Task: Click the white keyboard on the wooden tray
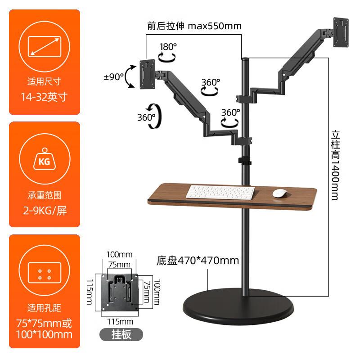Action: [x=220, y=193]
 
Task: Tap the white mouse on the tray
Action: [x=280, y=193]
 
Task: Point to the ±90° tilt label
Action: [x=113, y=77]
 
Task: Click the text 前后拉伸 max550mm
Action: [x=194, y=26]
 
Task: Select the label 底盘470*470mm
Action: [x=198, y=260]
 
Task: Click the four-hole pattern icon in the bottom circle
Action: [x=44, y=274]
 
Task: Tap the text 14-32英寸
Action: [x=44, y=97]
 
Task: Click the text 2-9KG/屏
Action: [x=44, y=210]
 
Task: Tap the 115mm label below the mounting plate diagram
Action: [x=120, y=322]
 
